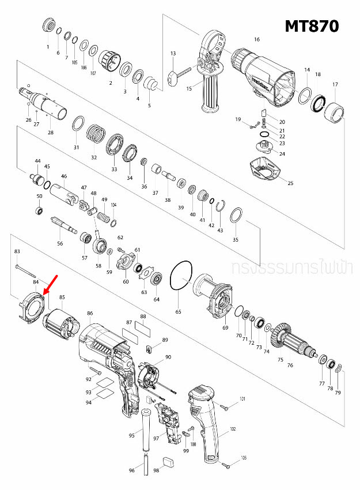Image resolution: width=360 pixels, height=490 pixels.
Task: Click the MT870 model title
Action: [311, 26]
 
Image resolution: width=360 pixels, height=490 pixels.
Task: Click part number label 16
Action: [257, 40]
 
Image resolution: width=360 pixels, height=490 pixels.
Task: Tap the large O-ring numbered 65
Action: [181, 276]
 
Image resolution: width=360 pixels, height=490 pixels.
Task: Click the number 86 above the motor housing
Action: [90, 313]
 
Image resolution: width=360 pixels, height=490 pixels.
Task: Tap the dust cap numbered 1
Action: [48, 26]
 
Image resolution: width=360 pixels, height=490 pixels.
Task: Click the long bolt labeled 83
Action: [26, 268]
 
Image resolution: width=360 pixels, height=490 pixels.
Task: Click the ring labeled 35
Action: [236, 217]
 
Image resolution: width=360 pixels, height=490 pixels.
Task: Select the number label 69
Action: [225, 327]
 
